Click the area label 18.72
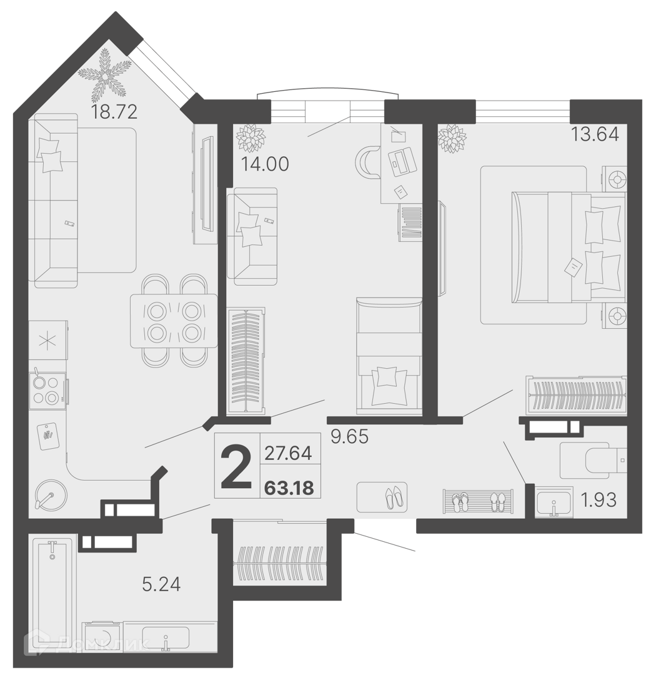[x=114, y=112]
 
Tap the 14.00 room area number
[x=265, y=164]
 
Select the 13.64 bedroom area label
[x=595, y=134]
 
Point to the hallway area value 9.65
[x=349, y=436]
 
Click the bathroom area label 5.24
[x=161, y=584]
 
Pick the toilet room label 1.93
[x=599, y=500]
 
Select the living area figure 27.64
[x=288, y=453]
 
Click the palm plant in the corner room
[x=104, y=73]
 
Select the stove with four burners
[x=47, y=391]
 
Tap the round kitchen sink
[x=48, y=494]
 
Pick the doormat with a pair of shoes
[x=382, y=497]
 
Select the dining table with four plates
[x=174, y=321]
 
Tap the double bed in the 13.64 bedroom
[x=568, y=247]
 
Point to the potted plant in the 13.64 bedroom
[x=452, y=139]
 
